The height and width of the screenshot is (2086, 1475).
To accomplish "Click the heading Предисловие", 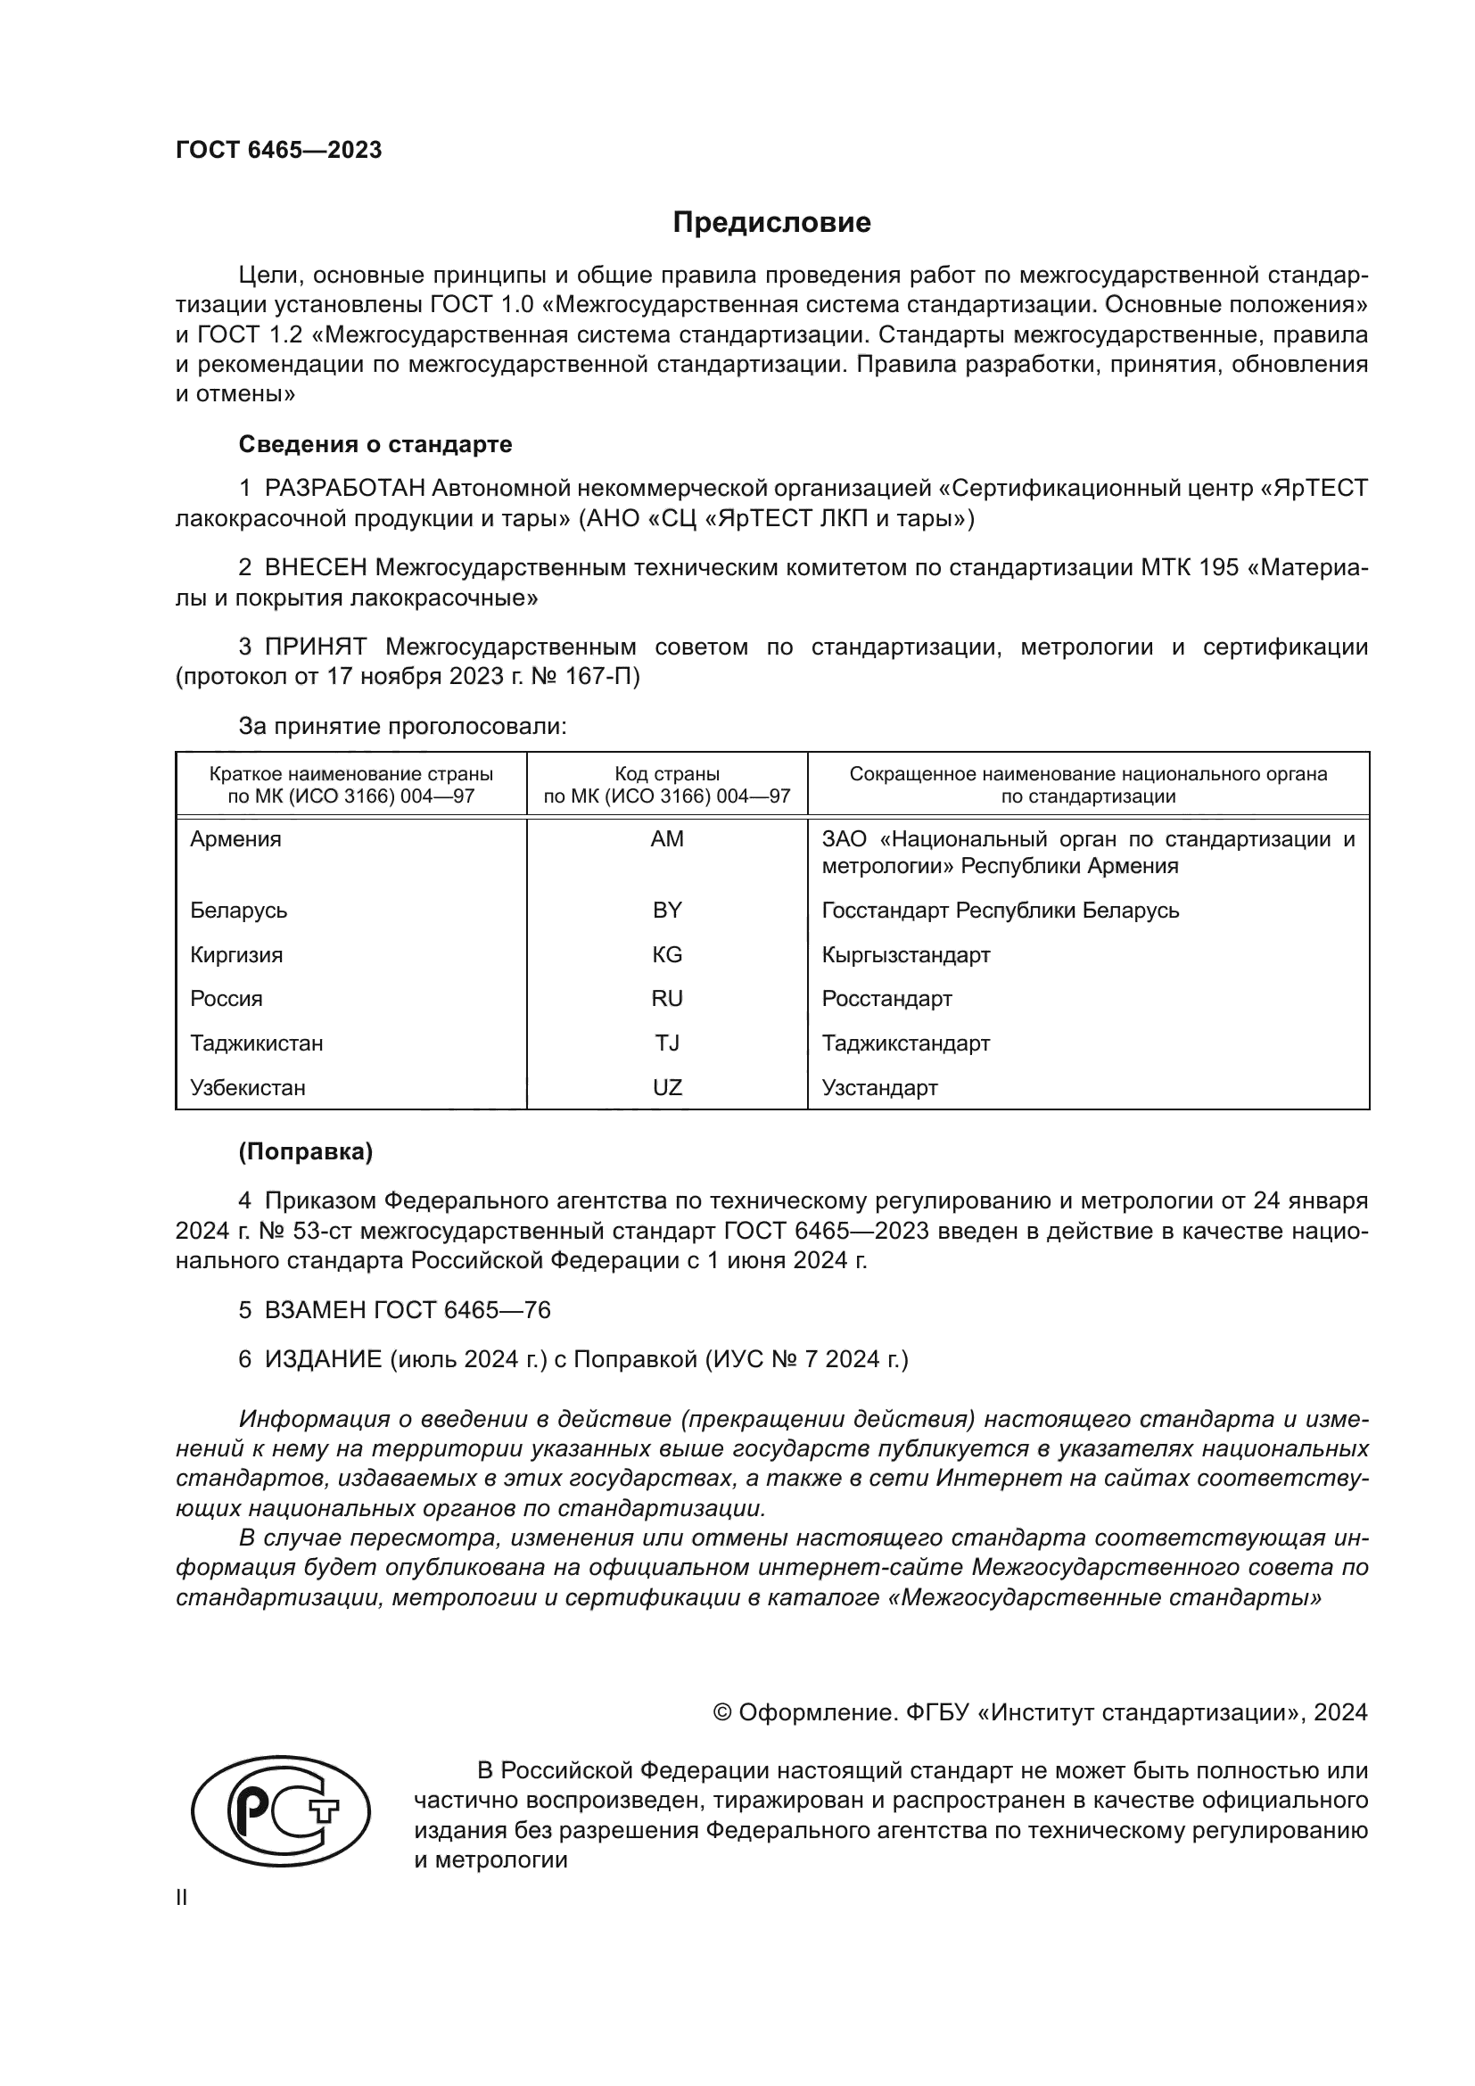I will (771, 223).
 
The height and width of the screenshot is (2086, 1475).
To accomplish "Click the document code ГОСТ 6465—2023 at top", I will (279, 150).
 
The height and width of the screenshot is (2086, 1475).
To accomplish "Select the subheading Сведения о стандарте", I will (375, 444).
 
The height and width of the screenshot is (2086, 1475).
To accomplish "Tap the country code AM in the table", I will (667, 839).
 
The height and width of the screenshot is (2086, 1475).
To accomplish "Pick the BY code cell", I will (667, 911).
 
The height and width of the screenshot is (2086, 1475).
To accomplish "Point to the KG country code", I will (667, 955).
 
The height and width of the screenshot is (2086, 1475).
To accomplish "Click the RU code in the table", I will (667, 999).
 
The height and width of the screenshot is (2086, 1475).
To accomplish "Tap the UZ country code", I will (667, 1087).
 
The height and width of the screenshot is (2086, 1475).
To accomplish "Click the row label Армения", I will (235, 839).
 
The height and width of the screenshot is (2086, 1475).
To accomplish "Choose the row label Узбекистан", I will (247, 1087).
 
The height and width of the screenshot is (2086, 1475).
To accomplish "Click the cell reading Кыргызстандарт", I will (905, 955).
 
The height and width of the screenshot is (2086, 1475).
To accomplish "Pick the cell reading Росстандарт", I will (886, 999).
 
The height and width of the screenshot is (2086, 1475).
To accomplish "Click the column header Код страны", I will (667, 774).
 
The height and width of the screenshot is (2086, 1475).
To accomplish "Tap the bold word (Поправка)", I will (305, 1152).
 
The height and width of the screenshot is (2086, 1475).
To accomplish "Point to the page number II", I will (182, 1897).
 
